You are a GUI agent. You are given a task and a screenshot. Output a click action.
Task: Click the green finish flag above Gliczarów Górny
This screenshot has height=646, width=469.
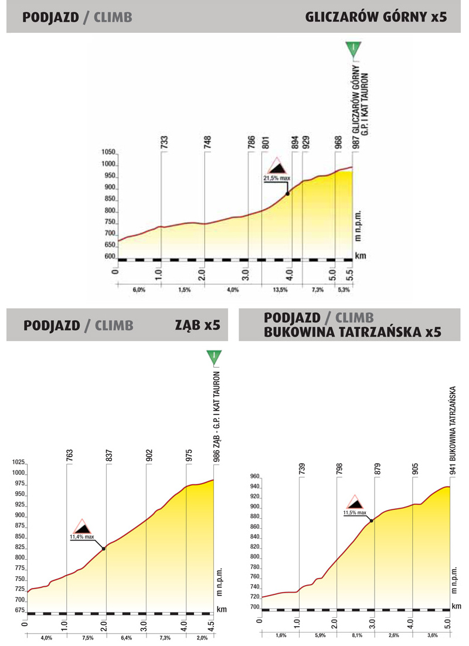tap(353, 49)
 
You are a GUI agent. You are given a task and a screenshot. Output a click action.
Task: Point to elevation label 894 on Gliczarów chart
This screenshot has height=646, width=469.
tap(291, 143)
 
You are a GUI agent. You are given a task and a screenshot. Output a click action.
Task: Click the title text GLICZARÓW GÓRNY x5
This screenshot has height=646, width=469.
tap(376, 17)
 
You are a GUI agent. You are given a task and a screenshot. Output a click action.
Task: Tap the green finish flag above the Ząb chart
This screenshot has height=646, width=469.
tap(215, 357)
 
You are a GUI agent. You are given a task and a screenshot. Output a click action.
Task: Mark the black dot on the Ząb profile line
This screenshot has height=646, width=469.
tap(104, 549)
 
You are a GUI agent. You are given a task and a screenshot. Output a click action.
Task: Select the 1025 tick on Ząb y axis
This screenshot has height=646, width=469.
tap(17, 463)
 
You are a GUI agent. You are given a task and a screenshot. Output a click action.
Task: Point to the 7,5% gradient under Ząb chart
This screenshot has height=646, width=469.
tap(87, 637)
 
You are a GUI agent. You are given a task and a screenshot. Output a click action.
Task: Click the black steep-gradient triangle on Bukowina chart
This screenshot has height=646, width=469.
tap(355, 502)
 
